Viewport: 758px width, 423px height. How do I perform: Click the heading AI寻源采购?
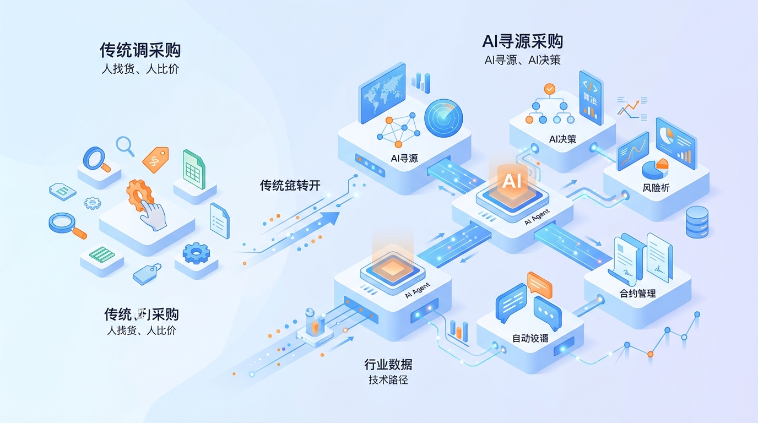click(522, 41)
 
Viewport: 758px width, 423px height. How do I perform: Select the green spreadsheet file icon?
click(193, 169)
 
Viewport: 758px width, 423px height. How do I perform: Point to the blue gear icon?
click(196, 253)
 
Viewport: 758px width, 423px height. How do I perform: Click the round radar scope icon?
click(443, 118)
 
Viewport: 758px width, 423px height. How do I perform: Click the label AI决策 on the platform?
click(562, 139)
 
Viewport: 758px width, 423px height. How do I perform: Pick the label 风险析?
click(656, 188)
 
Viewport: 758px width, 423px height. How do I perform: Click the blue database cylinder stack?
click(697, 222)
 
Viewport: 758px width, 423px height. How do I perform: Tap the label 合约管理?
click(638, 294)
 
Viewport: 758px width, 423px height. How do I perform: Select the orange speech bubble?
click(539, 284)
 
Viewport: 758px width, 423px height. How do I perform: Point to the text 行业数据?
click(388, 364)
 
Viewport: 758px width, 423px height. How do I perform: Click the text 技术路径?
click(388, 380)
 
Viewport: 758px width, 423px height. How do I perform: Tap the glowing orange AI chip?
click(512, 181)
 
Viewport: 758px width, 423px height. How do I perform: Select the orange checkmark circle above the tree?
click(549, 89)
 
